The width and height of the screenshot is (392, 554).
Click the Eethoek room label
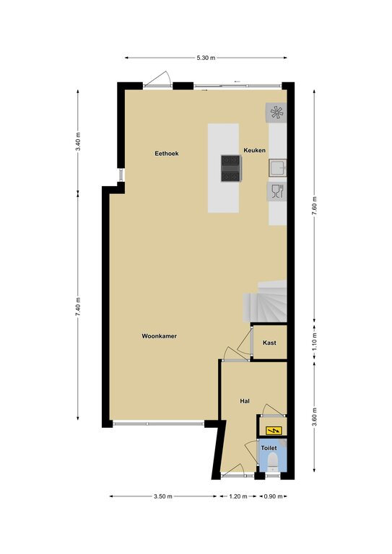[x=167, y=154]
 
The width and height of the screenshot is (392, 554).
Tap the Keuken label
[x=255, y=150]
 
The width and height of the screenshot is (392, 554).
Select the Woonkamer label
[x=159, y=336]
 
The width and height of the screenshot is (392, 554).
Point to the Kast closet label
[x=269, y=343]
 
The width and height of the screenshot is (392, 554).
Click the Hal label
[x=245, y=401]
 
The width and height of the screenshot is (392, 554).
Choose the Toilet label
[x=269, y=448]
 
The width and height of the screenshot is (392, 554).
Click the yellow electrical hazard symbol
[x=274, y=431]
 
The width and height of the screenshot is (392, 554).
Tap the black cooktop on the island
[x=230, y=169]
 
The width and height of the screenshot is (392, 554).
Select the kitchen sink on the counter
[x=277, y=168]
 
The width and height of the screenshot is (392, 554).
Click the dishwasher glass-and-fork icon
[x=277, y=191]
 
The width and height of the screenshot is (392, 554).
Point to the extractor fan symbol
[x=276, y=113]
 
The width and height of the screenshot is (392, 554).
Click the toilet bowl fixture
[x=273, y=462]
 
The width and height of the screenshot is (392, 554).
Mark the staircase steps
[x=265, y=302]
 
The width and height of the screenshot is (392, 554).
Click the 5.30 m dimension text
[x=206, y=58]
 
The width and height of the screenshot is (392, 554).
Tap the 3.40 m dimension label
[x=78, y=141]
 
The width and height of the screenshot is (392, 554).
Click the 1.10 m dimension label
[x=315, y=341]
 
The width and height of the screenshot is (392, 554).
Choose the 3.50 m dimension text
[x=163, y=496]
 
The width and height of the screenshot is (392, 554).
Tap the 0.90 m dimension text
[x=273, y=496]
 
